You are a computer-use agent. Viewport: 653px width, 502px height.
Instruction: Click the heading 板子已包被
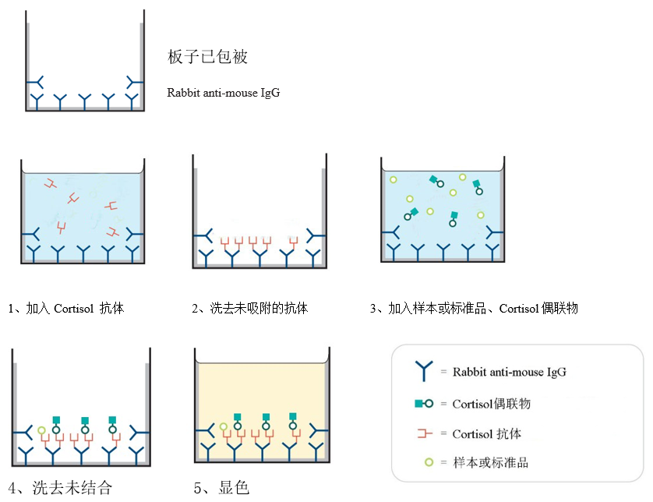pos(208,57)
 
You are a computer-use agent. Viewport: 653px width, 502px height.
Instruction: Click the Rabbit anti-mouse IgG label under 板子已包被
pos(223,92)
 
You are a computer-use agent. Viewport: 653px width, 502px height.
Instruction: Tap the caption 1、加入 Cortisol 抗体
pos(66,309)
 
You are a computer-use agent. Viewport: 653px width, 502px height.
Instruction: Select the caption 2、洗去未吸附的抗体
pos(250,309)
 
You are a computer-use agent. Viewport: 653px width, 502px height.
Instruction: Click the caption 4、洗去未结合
pos(61,488)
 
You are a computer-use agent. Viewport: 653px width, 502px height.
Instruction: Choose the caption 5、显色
pos(221,488)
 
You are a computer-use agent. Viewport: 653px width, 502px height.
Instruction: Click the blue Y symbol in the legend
pos(425,372)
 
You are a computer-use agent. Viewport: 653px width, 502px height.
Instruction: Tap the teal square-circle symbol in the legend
pos(425,404)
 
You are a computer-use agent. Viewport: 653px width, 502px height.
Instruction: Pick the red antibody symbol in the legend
pos(425,433)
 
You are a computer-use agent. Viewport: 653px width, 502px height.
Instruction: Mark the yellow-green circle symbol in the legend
pos(428,463)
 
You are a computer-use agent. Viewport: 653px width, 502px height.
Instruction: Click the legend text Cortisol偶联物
pos(492,404)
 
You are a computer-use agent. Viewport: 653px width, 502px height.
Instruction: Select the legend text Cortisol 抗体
pos(487,433)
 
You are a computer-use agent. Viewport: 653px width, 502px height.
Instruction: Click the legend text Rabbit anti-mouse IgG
pos(510,372)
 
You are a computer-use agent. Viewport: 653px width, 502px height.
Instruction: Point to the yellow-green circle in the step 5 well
pos(224,427)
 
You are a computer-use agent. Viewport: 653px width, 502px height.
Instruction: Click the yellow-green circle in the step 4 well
pos(41,430)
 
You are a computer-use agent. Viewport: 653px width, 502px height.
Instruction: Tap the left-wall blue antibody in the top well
pos(35,82)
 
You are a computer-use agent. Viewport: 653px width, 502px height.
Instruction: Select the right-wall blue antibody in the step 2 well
pos(315,235)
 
